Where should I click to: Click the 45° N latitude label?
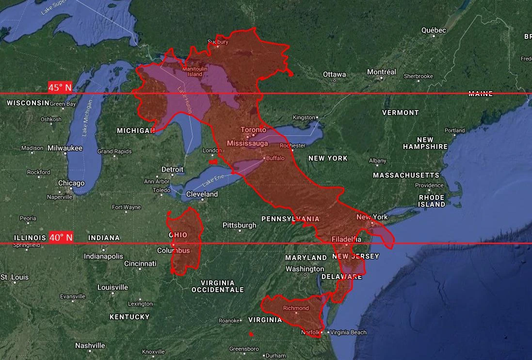coord(60,87)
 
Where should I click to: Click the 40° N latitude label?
coord(61,237)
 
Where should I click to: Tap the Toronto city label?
coord(253,130)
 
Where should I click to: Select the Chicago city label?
coord(71,183)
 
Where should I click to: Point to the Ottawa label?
coord(335,74)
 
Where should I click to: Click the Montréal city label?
coord(381,72)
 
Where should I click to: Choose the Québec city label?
coord(433,30)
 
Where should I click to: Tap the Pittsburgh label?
coord(239,225)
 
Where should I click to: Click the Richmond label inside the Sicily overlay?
coord(296,308)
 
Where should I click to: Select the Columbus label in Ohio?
coord(173,250)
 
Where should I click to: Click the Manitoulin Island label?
coord(194,72)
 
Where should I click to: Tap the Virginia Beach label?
coord(348,332)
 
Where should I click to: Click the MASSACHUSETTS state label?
coord(406,175)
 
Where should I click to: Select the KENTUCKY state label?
coord(129,317)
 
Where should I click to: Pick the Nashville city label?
coord(90,345)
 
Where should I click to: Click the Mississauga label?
coord(247,144)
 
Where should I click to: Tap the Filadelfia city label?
coord(346,239)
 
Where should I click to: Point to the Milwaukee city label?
coord(65,148)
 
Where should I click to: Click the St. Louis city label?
coord(15,277)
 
